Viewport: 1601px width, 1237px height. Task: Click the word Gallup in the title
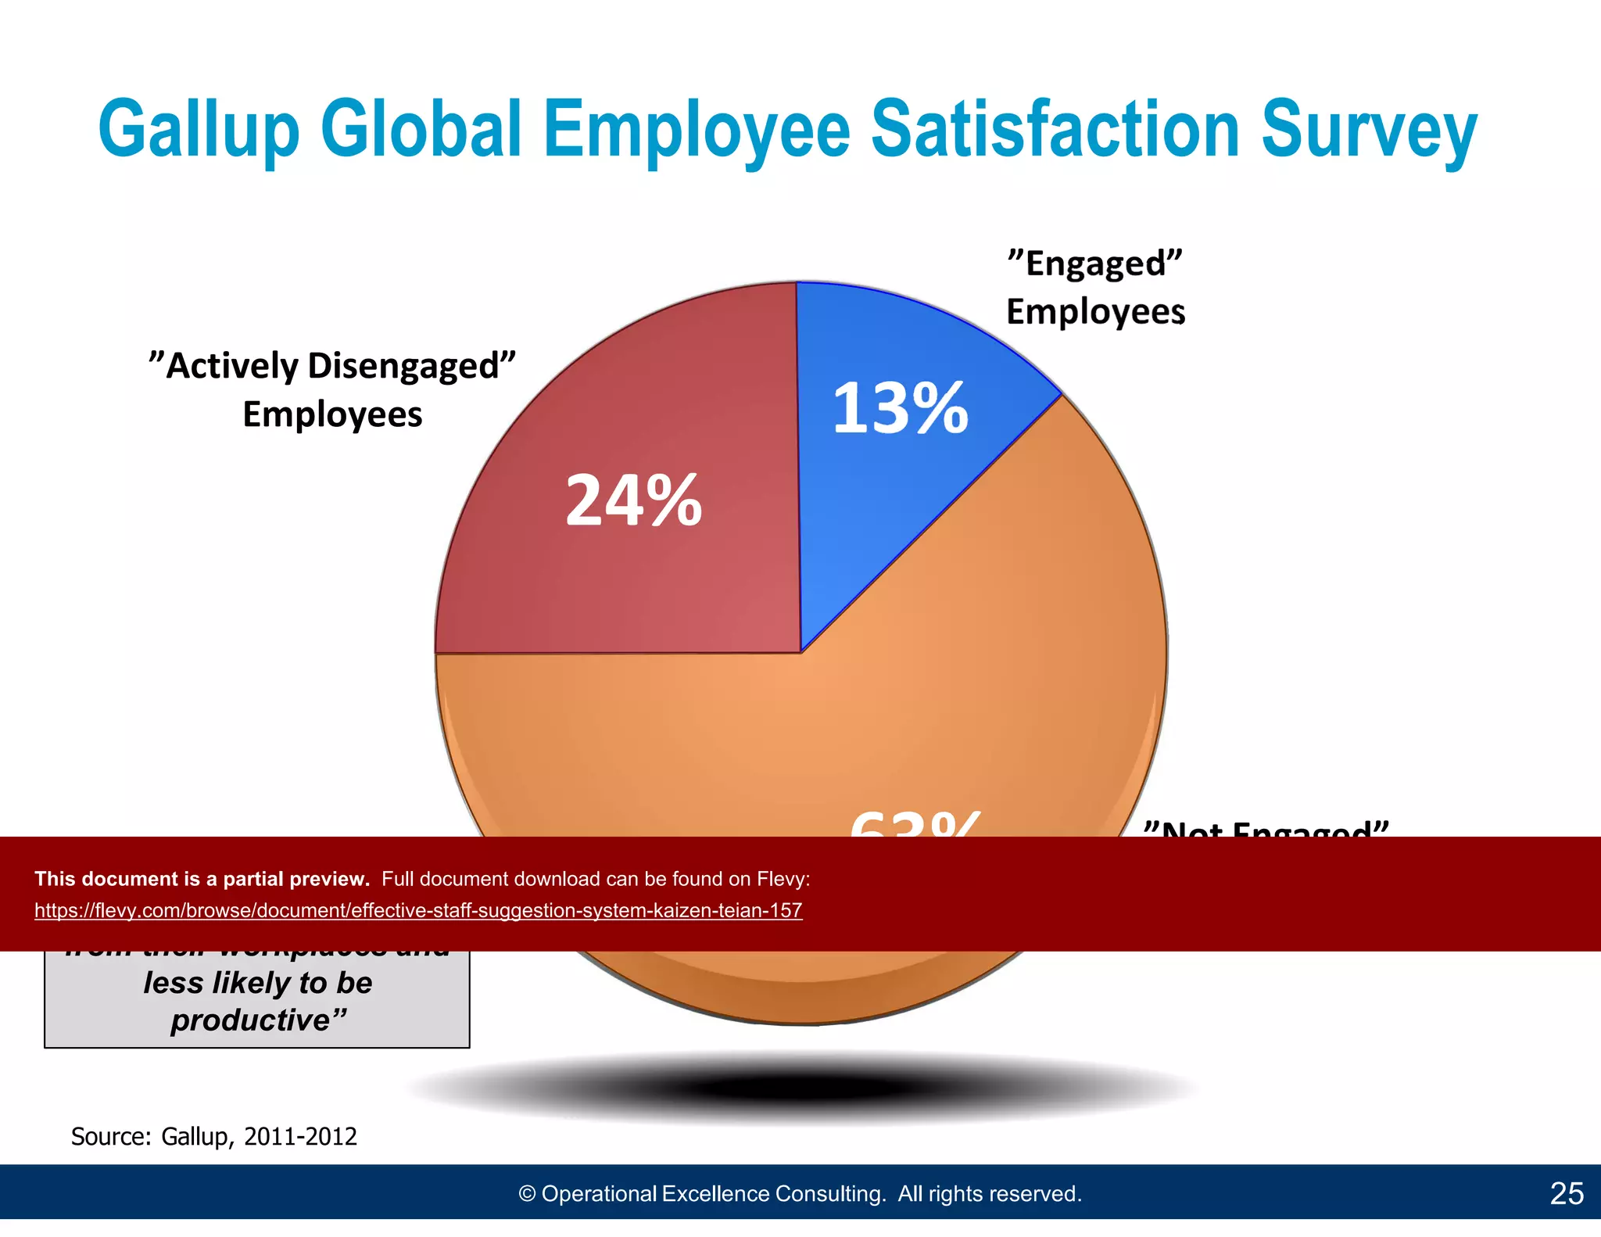point(199,129)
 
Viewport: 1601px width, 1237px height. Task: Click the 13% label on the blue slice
point(900,408)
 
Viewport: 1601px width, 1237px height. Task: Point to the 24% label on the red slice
point(633,500)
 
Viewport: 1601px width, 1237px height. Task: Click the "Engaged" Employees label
point(1094,287)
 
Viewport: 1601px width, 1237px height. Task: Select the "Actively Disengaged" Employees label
point(332,389)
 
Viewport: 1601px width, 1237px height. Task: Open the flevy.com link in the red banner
point(418,910)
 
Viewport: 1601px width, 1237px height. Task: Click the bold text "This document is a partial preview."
point(202,879)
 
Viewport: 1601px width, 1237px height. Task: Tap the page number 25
point(1567,1193)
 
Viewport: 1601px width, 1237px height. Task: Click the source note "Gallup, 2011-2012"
point(259,1136)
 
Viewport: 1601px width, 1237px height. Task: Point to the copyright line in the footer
point(800,1193)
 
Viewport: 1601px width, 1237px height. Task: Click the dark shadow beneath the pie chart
point(801,1087)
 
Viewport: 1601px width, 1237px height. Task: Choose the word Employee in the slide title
point(696,129)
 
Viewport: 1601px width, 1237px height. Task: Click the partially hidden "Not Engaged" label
point(1266,829)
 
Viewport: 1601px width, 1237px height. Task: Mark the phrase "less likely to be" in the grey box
point(258,983)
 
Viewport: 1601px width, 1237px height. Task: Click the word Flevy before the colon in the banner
point(780,879)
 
